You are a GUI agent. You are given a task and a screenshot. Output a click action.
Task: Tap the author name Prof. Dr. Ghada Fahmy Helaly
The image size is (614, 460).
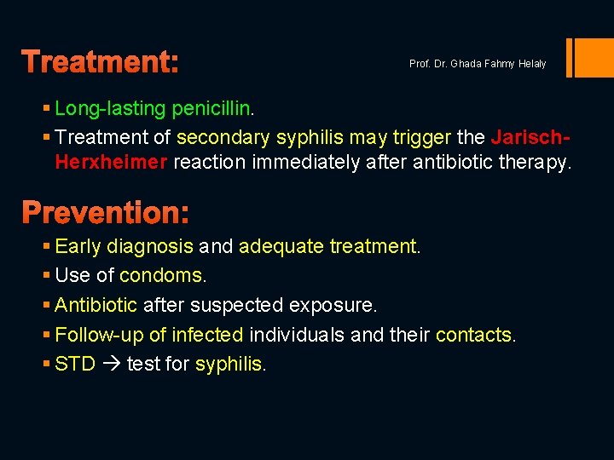pos(478,64)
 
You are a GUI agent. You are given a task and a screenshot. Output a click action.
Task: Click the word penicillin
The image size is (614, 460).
pos(211,109)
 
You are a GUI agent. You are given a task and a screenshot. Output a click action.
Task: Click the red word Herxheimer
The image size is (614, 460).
pos(111,163)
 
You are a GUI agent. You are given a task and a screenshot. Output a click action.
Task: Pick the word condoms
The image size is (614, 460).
pos(161,276)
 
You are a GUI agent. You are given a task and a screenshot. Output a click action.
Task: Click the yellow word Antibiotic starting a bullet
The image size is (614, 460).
pos(96,305)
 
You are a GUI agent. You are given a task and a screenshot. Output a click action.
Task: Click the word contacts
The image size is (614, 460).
pos(473,335)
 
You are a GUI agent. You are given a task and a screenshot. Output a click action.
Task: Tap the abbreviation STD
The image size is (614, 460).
pos(74,365)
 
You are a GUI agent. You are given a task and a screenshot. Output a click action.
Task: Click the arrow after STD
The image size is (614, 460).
pos(111,365)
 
